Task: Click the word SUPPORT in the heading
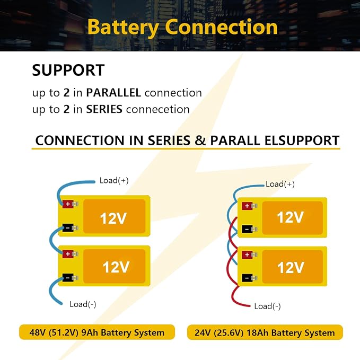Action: click(x=68, y=70)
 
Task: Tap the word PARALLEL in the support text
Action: click(x=113, y=93)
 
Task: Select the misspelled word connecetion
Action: click(x=158, y=109)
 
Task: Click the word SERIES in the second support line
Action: click(x=104, y=109)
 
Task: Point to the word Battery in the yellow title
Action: click(x=123, y=28)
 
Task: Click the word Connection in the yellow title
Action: click(x=221, y=27)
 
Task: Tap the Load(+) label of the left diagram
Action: click(x=114, y=180)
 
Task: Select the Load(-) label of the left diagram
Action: click(x=83, y=304)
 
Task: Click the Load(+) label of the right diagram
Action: click(x=280, y=184)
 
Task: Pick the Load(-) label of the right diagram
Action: click(x=267, y=306)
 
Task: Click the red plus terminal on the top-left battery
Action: click(x=68, y=204)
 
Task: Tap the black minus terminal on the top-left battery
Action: click(x=68, y=228)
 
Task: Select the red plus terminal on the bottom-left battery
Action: click(x=68, y=254)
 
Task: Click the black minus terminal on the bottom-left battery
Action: click(x=68, y=278)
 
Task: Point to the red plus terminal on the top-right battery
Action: click(x=247, y=206)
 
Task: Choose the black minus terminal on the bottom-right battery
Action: click(x=247, y=278)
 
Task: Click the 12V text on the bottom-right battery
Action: click(x=291, y=267)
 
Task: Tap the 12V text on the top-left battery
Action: click(x=113, y=218)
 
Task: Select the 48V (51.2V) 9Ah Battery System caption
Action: click(x=97, y=332)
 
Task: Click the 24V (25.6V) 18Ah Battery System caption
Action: click(x=265, y=332)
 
